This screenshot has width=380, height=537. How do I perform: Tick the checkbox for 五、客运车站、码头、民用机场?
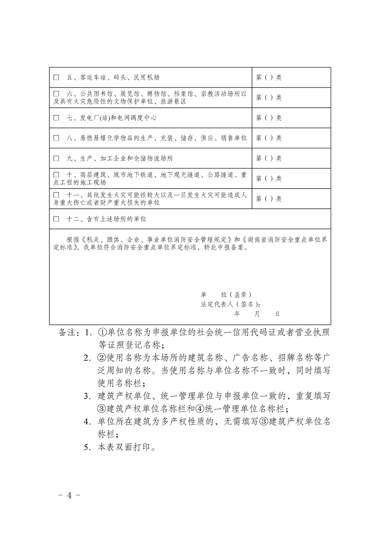[x=56, y=77]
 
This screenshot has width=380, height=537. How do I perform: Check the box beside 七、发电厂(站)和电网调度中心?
[x=56, y=118]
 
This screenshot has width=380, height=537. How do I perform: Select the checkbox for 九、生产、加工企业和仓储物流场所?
[x=56, y=158]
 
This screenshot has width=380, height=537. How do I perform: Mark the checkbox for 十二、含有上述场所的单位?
[x=56, y=219]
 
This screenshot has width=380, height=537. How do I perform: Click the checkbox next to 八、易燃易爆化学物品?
[x=56, y=138]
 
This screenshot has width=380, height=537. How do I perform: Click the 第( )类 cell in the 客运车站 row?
[x=269, y=77]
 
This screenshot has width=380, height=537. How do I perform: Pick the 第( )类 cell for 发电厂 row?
[x=269, y=118]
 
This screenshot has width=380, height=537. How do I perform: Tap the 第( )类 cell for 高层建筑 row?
[x=269, y=179]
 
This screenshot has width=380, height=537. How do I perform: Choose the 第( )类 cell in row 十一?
[x=269, y=199]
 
